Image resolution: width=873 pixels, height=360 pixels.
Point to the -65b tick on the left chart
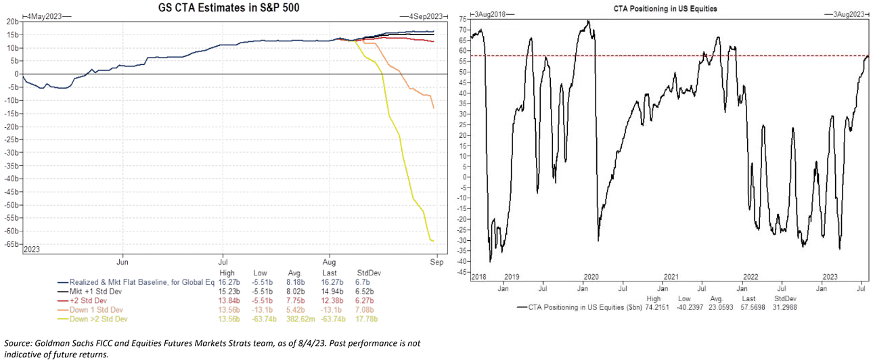[x=12, y=244]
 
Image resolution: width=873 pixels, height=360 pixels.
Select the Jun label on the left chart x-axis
[x=123, y=261]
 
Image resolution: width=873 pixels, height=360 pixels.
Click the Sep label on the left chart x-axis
[x=437, y=261]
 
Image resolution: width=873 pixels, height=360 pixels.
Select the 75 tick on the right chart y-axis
[x=463, y=20]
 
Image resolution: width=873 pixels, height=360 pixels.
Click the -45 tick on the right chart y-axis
[x=461, y=272]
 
